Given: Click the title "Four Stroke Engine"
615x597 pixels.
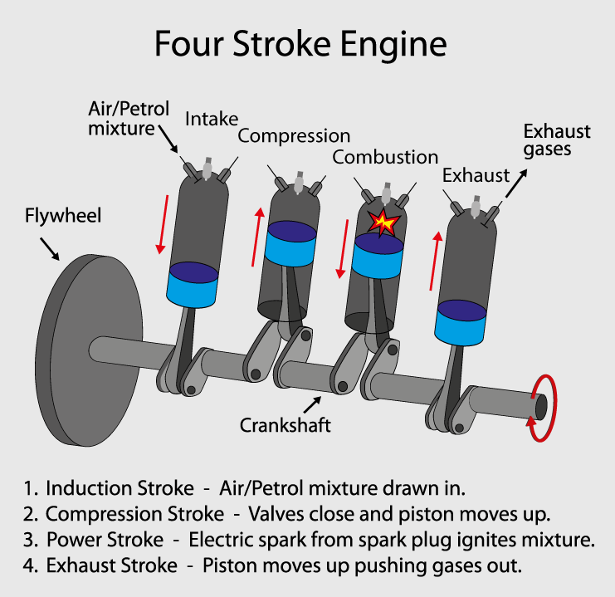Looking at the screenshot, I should (x=300, y=43).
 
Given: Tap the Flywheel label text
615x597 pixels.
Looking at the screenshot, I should (x=63, y=217).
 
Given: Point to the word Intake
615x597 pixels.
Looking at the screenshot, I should (x=212, y=119).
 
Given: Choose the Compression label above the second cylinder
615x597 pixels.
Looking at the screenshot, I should (x=294, y=135).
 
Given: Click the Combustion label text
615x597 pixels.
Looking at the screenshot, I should (x=385, y=157).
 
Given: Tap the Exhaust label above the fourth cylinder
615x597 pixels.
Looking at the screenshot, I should (x=476, y=176).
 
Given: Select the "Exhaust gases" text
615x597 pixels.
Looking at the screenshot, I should (x=556, y=140).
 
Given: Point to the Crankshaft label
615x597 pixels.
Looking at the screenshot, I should (x=286, y=425).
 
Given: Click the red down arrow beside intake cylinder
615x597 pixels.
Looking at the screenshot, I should (x=163, y=224).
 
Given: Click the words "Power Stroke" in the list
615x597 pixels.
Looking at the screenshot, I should (x=105, y=540).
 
